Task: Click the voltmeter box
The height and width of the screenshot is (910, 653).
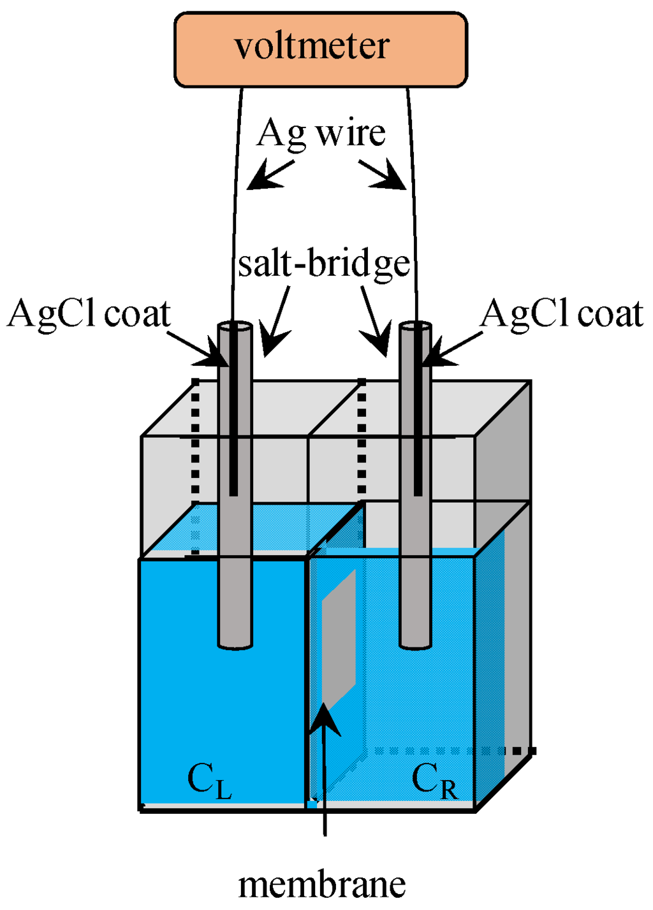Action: point(321,49)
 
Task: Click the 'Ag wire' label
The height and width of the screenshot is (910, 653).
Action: point(321,134)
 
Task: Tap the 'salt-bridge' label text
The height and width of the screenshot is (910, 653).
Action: point(323,263)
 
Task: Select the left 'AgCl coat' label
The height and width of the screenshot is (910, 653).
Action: point(89,314)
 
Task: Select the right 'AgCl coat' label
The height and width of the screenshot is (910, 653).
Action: point(562,314)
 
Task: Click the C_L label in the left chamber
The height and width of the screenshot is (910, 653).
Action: point(209,780)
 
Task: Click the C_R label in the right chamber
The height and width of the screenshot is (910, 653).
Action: point(434,780)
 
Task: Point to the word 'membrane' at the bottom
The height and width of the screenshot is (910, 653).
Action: point(322,885)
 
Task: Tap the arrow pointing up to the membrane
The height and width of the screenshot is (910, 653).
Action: point(325,765)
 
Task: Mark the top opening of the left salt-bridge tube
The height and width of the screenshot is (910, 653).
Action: point(235,326)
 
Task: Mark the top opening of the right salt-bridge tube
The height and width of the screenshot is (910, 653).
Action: point(416,326)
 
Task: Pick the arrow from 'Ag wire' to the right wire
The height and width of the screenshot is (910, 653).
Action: point(385,176)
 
